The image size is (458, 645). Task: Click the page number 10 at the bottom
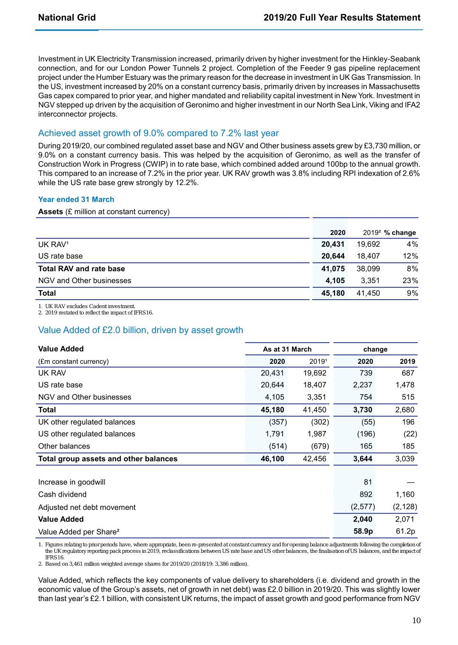416,620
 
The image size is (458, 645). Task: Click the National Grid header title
67,17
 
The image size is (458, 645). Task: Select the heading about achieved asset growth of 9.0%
158,133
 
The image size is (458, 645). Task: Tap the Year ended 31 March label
76,199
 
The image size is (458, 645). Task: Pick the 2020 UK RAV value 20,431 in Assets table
333,244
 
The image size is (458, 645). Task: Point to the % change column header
400,232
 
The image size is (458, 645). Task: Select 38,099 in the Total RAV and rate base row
368,269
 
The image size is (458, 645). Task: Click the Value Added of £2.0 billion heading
141,330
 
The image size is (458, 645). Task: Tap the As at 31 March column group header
287,349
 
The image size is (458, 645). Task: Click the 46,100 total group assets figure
273,459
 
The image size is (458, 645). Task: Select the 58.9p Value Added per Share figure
363,531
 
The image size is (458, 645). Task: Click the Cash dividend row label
62,495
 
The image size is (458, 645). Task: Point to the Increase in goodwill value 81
368,482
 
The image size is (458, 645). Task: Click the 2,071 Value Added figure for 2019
405,519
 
